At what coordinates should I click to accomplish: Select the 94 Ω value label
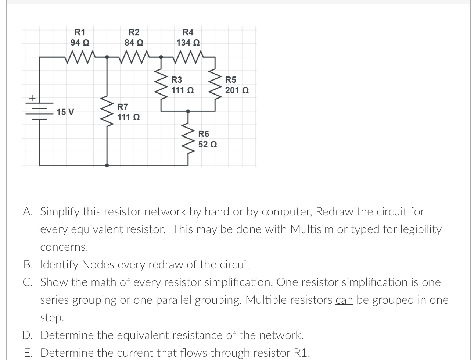(80, 43)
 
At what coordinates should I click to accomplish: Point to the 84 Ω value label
(134, 43)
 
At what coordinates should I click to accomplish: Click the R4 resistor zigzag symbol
(188, 57)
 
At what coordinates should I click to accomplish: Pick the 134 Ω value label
(188, 43)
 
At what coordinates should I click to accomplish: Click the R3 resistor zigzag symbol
(161, 84)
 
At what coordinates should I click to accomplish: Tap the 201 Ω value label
(237, 90)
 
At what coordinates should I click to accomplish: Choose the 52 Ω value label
(207, 144)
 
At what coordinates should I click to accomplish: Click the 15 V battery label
(65, 111)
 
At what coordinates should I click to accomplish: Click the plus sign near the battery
(32, 98)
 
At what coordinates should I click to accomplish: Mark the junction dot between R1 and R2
(107, 57)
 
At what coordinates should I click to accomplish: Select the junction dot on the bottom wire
(107, 165)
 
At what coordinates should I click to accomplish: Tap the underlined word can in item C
(344, 300)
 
